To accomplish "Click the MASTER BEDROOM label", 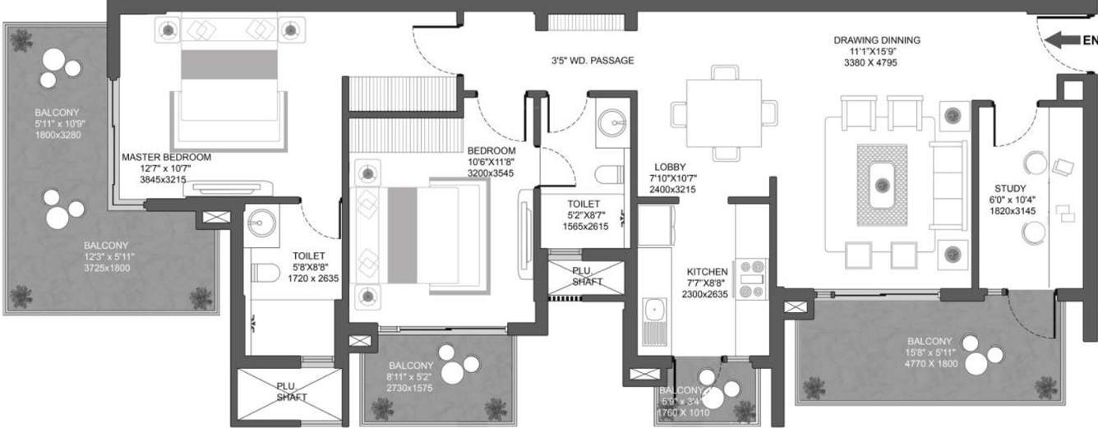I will pos(166,157).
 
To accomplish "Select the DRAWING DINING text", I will pos(876,40).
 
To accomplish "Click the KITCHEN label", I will pos(708,271).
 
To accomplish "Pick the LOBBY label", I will pos(670,167).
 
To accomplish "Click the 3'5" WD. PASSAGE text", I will pos(592,61).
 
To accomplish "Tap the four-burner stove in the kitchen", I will pos(753,278).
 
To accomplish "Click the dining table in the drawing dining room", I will pos(723,112).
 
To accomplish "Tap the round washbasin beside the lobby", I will pos(611,124).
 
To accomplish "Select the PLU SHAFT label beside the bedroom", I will pos(587,276).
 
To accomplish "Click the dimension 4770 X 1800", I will pos(930,363).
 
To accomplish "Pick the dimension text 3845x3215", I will pos(164,178).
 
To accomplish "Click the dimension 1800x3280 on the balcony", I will pos(58,135).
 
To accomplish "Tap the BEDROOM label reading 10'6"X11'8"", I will pos(491,151).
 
